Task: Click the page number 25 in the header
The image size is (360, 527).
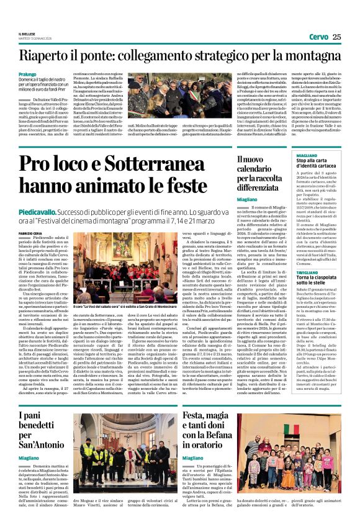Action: (336, 37)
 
